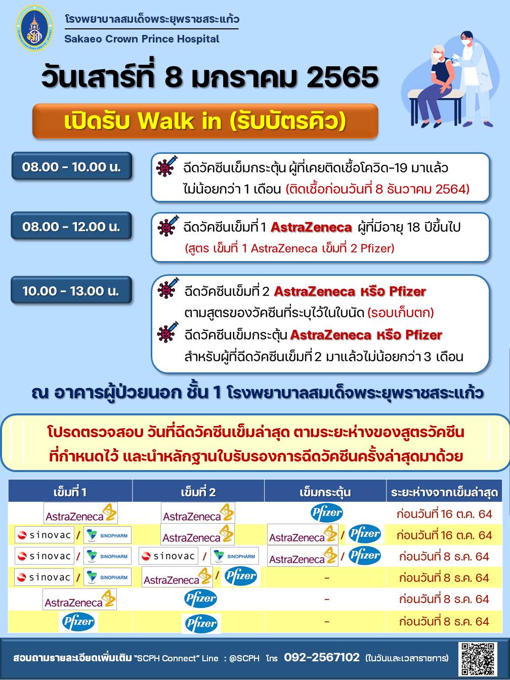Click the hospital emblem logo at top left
pyautogui.click(x=34, y=28)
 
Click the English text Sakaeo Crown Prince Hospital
pyautogui.click(x=142, y=39)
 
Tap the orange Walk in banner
pyautogui.click(x=205, y=121)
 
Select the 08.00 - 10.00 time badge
pyautogui.click(x=71, y=166)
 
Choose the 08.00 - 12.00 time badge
pyautogui.click(x=71, y=226)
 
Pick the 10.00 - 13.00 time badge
pyautogui.click(x=71, y=290)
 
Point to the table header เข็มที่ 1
pyautogui.click(x=70, y=492)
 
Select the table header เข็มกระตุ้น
pyautogui.click(x=325, y=492)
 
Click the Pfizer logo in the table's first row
pyautogui.click(x=327, y=513)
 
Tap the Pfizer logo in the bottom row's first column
pyautogui.click(x=78, y=621)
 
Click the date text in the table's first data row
pyautogui.click(x=444, y=514)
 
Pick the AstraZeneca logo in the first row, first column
pyautogui.click(x=80, y=513)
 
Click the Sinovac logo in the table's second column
pyautogui.click(x=168, y=556)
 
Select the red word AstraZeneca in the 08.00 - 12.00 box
pyautogui.click(x=311, y=227)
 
